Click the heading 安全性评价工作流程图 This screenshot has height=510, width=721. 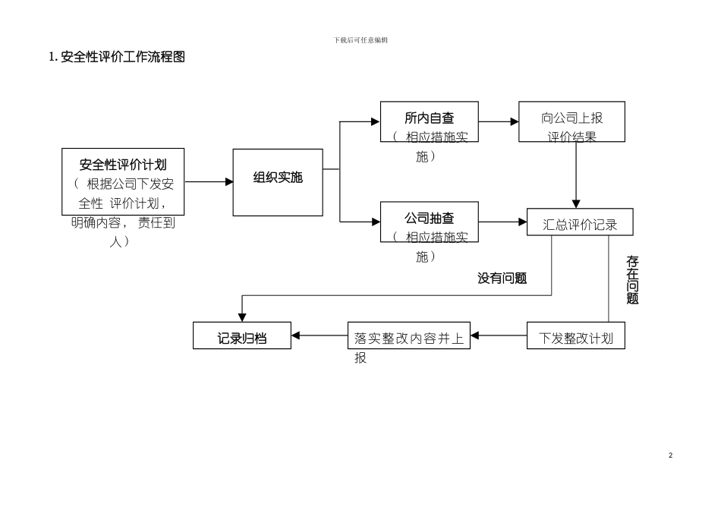[117, 57]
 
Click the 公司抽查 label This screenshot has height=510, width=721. [430, 218]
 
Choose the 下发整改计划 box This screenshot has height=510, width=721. [576, 336]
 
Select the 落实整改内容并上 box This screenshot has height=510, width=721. [409, 336]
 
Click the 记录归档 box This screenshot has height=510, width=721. [242, 336]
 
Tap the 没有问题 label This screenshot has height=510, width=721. [502, 279]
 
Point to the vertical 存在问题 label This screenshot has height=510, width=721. [632, 280]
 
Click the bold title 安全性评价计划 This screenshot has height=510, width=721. [123, 163]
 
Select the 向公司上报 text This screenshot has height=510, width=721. [571, 118]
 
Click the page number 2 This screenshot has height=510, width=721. [670, 455]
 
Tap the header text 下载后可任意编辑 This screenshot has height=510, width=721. [360, 39]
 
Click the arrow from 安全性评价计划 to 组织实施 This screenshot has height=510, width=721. [209, 181]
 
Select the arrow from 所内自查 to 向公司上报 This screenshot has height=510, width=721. [498, 121]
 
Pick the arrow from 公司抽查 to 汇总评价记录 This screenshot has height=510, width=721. [502, 222]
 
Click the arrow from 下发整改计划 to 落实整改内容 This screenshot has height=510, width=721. [499, 335]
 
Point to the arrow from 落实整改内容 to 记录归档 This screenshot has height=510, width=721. [320, 335]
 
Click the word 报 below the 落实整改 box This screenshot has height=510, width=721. [360, 358]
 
